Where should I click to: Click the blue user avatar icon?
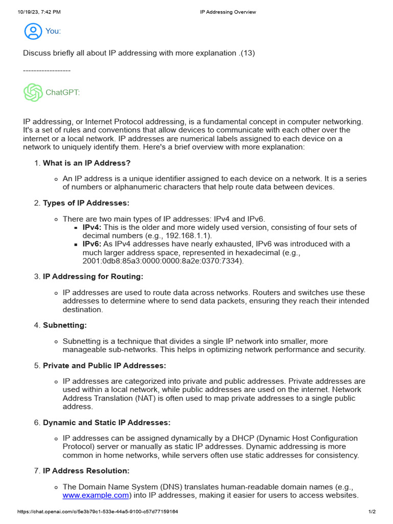tap(33, 31)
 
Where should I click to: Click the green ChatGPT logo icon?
tap(33, 93)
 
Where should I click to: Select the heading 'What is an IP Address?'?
tap(86, 163)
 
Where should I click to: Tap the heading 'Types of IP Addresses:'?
tap(86, 203)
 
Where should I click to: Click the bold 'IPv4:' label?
tap(92, 227)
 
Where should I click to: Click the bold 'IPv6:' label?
tap(92, 244)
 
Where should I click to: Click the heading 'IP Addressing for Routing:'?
tap(93, 276)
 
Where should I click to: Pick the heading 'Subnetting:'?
tap(65, 325)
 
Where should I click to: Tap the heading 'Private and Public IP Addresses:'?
tap(104, 365)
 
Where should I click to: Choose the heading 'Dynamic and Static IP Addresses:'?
tap(106, 422)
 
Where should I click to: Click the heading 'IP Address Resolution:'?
tap(86, 470)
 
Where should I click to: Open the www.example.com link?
tap(96, 495)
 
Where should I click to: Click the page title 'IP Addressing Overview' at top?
tap(228, 12)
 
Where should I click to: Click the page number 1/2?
tap(372, 512)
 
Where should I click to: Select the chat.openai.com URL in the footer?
tap(98, 512)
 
